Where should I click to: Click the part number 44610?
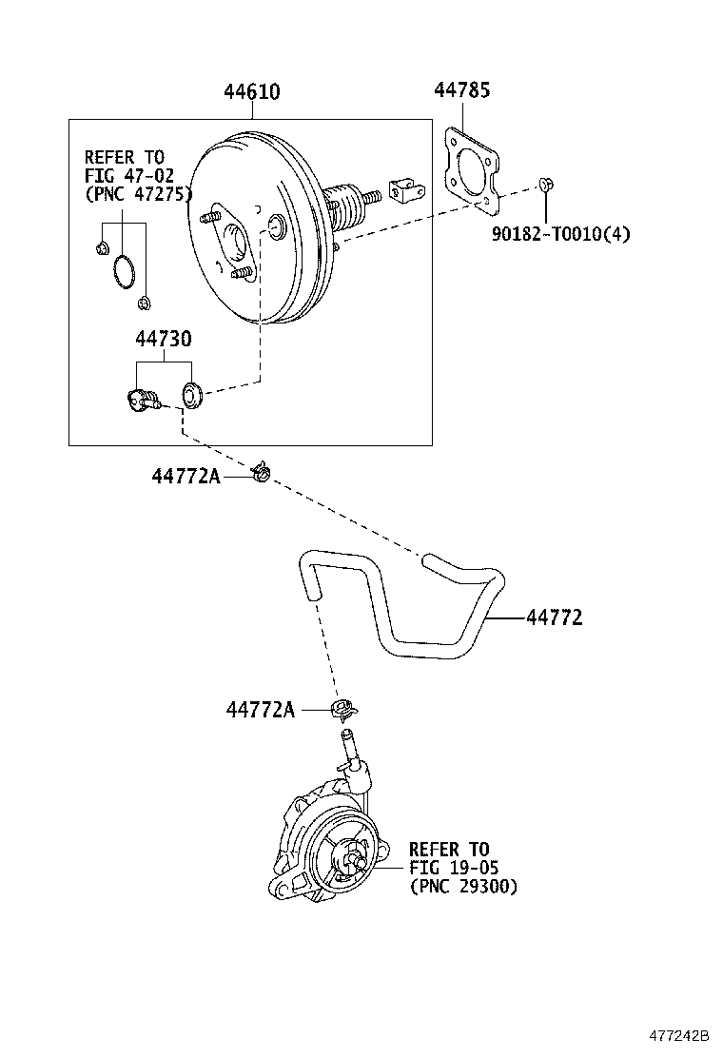point(252,92)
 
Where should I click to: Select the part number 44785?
point(462,90)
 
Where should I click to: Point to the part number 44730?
point(163,339)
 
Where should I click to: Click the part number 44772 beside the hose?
point(554,617)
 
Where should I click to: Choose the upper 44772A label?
point(186,475)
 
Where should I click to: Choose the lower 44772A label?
point(261,710)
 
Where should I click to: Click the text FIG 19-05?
point(454,867)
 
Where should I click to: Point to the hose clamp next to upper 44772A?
point(260,470)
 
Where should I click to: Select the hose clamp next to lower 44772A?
point(342,709)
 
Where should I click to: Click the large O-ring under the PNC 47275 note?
point(122,270)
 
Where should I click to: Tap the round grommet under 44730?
point(191,392)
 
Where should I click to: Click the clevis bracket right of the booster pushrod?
point(403,190)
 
